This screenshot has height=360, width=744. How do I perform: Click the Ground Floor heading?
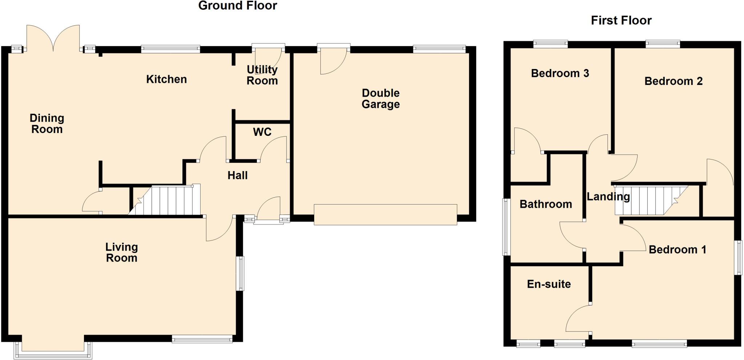click(238, 6)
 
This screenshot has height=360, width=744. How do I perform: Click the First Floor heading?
click(621, 20)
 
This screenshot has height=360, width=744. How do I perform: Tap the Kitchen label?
click(166, 79)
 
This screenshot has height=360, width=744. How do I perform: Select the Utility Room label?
click(262, 75)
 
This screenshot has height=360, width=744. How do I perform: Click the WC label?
click(262, 132)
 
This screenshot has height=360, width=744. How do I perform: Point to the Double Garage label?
click(381, 98)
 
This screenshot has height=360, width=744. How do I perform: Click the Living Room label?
click(121, 252)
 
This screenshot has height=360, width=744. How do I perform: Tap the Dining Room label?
click(47, 124)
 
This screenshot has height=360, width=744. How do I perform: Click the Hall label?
click(238, 175)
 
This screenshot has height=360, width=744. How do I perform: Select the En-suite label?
click(549, 284)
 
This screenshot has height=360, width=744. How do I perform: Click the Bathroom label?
click(546, 204)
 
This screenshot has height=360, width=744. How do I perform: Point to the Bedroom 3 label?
click(560, 73)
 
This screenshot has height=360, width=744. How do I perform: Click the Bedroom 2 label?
click(673, 81)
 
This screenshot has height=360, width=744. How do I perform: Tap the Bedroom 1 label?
click(677, 250)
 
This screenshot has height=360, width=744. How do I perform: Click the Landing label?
click(608, 197)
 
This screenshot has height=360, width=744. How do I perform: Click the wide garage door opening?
click(385, 215)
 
